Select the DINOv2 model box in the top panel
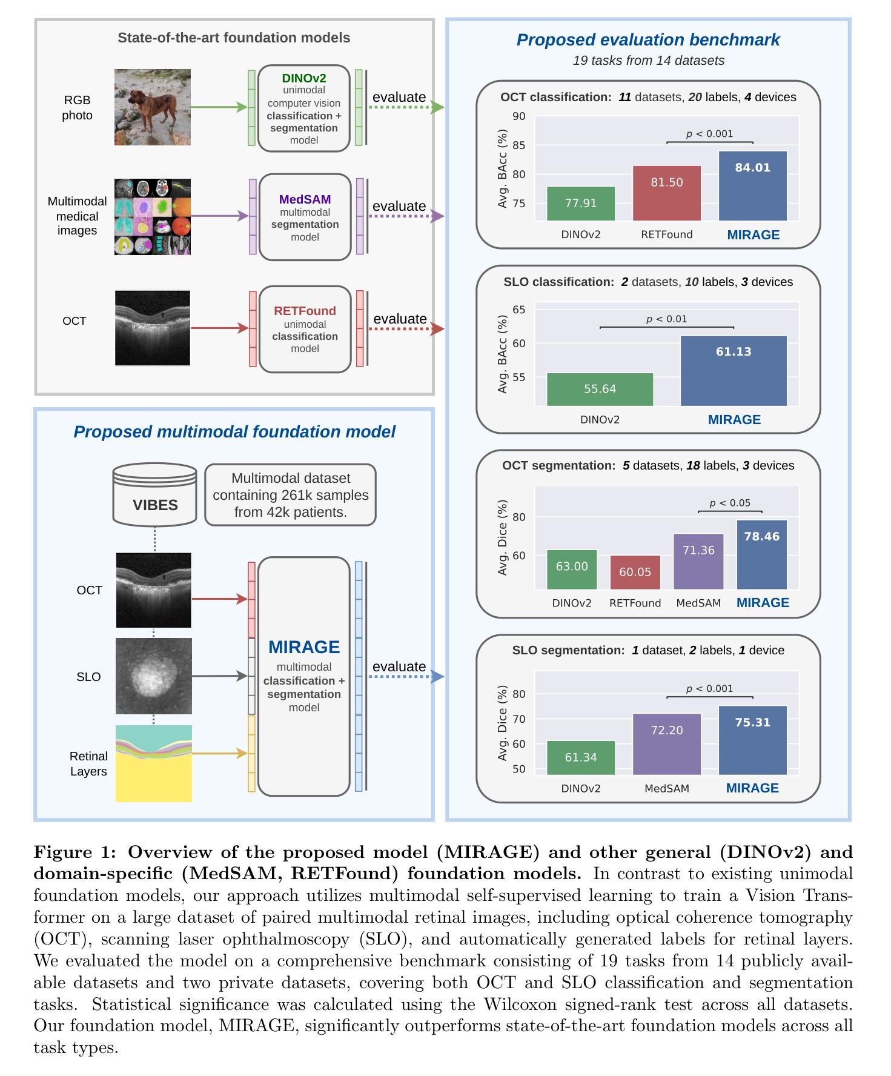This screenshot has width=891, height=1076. pos(304,108)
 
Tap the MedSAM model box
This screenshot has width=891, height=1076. pos(305,217)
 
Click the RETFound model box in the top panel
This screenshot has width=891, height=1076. pos(305,329)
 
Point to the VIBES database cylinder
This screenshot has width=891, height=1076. pos(155,494)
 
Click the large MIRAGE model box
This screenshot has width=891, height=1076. pos(304,676)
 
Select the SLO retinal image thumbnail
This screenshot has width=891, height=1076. pos(154,676)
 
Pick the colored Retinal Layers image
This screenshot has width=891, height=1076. pos(154,763)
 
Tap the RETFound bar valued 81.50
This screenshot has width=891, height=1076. pos(667,193)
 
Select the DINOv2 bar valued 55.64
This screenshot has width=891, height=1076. pos(600,390)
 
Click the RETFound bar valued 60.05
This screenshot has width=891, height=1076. pos(635,573)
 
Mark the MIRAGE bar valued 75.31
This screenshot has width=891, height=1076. pos(753,740)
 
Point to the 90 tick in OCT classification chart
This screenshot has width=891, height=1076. pos(519,116)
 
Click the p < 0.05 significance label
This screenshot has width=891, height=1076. pos(730,503)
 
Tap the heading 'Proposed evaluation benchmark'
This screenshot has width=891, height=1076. pos(648,40)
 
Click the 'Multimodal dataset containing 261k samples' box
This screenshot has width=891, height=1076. pos(291,495)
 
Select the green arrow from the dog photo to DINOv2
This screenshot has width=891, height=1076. pos(219,107)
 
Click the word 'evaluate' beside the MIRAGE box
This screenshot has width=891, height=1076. pos(399,666)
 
